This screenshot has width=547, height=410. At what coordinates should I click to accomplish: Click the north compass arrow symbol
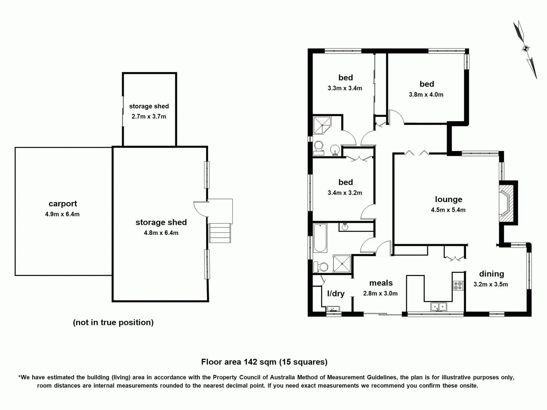[x=525, y=49]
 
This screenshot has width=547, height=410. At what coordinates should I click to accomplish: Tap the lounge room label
[x=448, y=199]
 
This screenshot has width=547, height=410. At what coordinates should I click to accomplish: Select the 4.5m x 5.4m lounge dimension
[x=448, y=210]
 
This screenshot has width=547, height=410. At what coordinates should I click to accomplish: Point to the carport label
[x=63, y=204]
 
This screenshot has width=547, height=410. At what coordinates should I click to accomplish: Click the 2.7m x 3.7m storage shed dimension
[x=149, y=117]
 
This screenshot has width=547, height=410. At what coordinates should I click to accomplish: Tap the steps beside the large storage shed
[x=220, y=233]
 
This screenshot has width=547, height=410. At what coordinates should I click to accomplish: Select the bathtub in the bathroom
[x=320, y=238]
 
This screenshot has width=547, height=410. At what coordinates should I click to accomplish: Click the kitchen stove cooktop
[x=458, y=285]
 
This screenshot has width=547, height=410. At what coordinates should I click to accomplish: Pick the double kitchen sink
[x=438, y=306]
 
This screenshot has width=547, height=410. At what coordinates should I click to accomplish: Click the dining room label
[x=491, y=274]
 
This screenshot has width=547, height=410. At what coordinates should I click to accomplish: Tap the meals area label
[x=381, y=283]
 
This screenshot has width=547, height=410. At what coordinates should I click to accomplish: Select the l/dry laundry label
[x=335, y=293]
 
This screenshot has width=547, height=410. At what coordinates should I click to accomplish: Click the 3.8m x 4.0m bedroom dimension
[x=426, y=95]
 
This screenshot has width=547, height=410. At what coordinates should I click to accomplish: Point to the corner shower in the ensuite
[x=322, y=125]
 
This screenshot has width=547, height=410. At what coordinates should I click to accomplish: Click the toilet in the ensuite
[x=319, y=148]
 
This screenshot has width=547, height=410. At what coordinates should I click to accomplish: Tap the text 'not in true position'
[x=113, y=322]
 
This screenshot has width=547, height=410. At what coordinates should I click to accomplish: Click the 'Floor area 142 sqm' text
[x=264, y=362]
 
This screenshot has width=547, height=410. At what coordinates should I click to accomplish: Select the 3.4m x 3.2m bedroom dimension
[x=345, y=193]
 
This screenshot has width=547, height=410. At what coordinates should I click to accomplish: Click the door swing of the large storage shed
[x=200, y=208]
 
